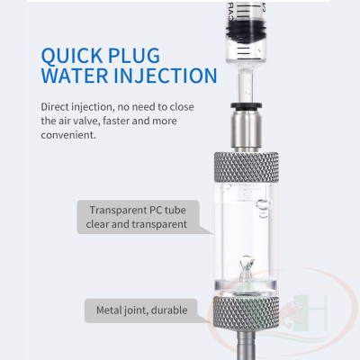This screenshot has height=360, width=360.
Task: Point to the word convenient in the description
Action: pos(69,136)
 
